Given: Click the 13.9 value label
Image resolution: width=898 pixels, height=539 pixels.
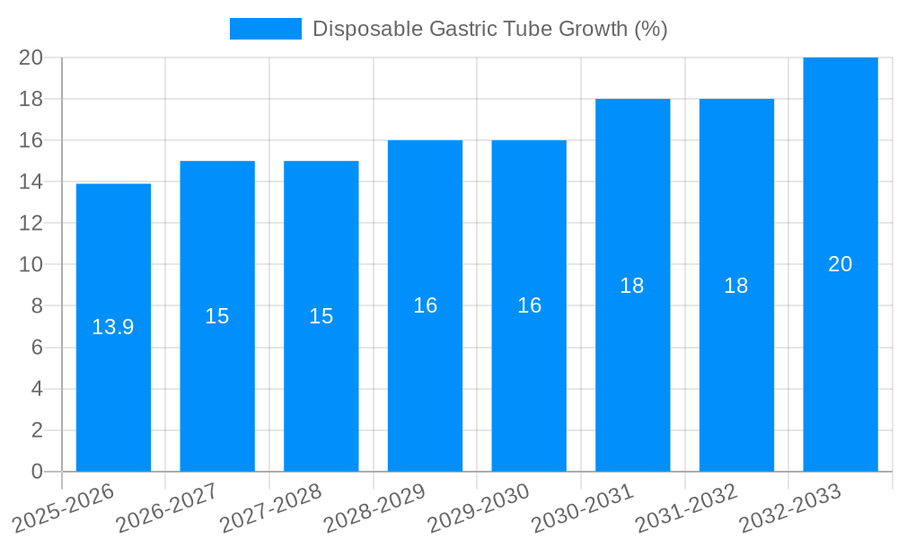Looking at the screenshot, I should [x=113, y=327].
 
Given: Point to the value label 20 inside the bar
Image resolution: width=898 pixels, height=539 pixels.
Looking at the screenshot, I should [x=840, y=264].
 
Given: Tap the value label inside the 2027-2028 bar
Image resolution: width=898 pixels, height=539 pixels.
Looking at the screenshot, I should [x=321, y=316].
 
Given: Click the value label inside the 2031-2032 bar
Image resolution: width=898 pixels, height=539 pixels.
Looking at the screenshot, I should [x=735, y=286].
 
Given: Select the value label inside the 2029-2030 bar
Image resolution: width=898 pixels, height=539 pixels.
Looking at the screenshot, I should [x=529, y=305].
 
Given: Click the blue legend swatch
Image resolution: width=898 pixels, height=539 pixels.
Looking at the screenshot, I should [x=265, y=29].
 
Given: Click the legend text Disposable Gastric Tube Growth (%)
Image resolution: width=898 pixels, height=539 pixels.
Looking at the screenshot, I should [x=489, y=29].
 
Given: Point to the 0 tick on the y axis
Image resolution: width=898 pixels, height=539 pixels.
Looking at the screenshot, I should [x=37, y=472].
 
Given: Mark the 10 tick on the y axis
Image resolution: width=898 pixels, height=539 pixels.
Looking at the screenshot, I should [x=31, y=265].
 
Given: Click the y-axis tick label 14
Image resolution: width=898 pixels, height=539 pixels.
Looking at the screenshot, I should [x=31, y=182].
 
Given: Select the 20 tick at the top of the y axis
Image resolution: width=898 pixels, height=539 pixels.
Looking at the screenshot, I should [x=31, y=57].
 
